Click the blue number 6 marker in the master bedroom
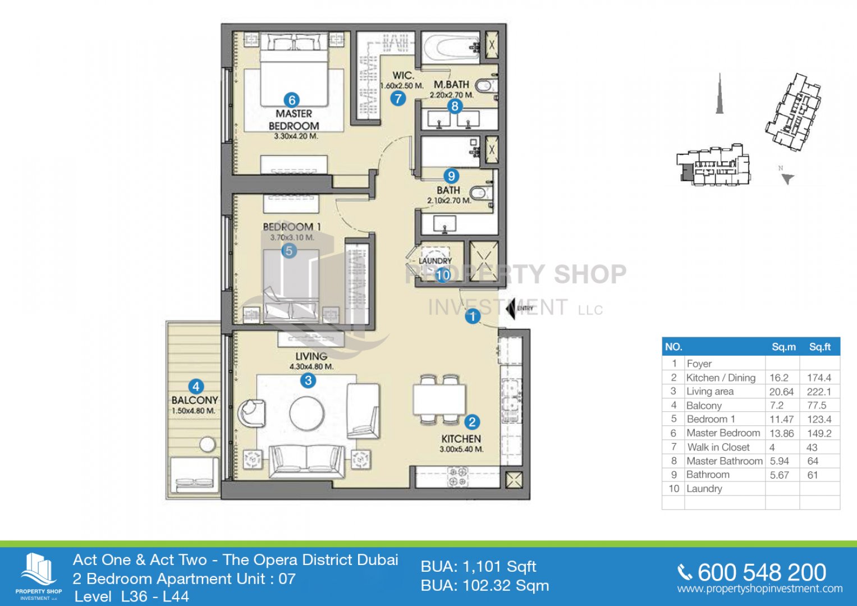point(291,100)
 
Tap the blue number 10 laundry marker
point(443,275)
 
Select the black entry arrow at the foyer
point(510,308)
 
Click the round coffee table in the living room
point(307,414)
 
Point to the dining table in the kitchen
point(439,400)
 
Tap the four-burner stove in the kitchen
point(457,477)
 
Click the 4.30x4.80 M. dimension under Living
point(311,366)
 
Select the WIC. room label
point(404,76)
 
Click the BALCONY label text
point(195,400)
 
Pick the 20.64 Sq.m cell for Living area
point(782,392)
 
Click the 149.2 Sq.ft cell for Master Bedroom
point(819,433)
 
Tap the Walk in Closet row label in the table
point(718,447)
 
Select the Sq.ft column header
point(820,347)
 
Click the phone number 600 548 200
point(762,573)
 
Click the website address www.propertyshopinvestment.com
point(760,589)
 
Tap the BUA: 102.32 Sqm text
point(485,586)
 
